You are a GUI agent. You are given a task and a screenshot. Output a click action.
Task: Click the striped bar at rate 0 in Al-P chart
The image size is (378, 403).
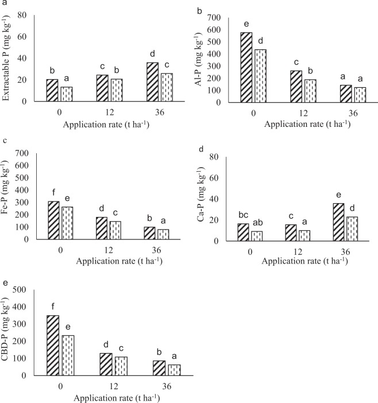click(246, 67)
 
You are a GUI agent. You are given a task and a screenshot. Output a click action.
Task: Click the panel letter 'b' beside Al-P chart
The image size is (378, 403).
click(199, 10)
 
